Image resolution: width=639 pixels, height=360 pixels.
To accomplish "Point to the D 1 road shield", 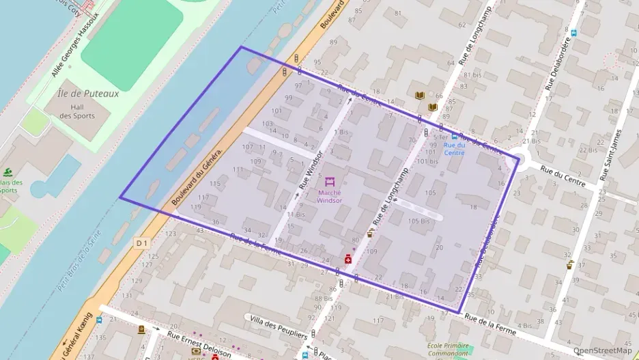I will pos(141,243).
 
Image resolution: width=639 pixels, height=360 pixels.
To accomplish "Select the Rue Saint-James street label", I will pos(609,156).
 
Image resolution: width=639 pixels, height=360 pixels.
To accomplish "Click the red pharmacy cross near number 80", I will pos(347,259).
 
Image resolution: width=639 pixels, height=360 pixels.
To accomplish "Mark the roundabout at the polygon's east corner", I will pos(523,159).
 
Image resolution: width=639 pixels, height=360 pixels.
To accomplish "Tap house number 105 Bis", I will pos(418,221).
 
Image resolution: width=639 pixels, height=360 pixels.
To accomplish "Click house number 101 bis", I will pos(427,161).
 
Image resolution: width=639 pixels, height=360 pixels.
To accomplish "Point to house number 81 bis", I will pos(472,75).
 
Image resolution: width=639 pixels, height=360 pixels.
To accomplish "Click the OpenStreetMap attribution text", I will pos(603,351).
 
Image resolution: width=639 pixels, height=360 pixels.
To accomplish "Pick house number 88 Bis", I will pos(324,299).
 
